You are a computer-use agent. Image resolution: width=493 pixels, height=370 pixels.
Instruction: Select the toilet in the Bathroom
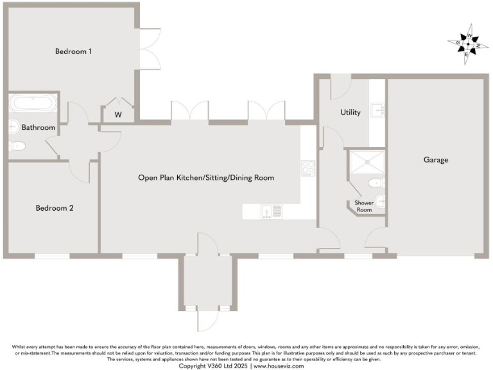(x=17, y=147)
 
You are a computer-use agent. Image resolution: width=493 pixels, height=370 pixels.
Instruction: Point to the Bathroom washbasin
(x=13, y=127)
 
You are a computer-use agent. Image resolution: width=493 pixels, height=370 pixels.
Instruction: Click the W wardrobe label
(x=118, y=115)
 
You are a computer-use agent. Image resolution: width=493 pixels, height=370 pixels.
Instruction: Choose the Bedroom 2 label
(x=55, y=208)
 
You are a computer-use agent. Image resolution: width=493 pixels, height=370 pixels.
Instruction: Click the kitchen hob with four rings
(x=308, y=168)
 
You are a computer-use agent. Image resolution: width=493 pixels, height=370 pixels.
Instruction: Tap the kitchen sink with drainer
(x=270, y=211)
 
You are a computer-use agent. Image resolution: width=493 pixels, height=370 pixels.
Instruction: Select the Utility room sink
(x=379, y=110)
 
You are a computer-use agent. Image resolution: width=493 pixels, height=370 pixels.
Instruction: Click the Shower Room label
(x=364, y=206)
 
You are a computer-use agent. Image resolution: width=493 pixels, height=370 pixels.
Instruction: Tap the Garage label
(x=436, y=160)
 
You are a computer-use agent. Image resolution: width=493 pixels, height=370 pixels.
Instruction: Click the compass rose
(x=467, y=44)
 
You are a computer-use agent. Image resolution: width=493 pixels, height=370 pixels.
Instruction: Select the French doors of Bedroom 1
(x=150, y=49)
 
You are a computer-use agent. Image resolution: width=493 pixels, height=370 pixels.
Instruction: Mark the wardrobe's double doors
(x=118, y=103)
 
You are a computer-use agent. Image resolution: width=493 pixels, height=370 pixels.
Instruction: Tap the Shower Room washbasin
(x=381, y=201)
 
